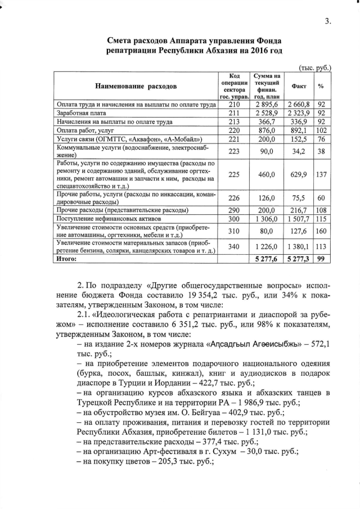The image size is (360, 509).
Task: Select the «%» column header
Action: tap(321, 86)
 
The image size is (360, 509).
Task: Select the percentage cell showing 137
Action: tap(321, 174)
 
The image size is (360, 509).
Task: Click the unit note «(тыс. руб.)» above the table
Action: tap(315, 67)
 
